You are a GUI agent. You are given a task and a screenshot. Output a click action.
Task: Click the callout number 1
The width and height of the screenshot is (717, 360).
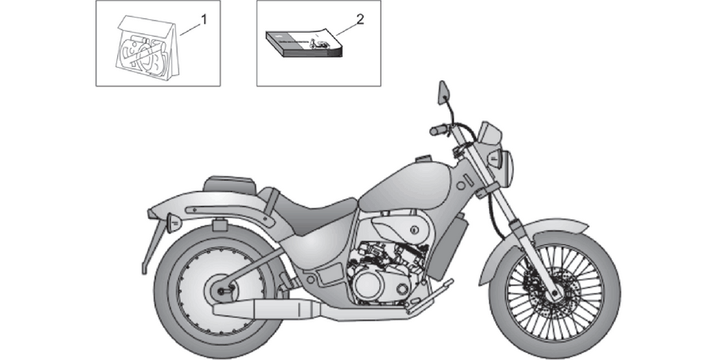tap(204, 20)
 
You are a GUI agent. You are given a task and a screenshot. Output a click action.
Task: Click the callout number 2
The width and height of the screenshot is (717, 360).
tap(360, 20)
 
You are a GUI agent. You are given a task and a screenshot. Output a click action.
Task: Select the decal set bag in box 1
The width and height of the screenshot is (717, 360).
tap(147, 48)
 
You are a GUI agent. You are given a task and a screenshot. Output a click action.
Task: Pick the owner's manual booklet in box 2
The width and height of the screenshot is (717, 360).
tap(304, 44)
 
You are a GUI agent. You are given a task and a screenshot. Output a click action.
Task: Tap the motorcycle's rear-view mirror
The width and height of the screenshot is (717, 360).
tap(443, 92)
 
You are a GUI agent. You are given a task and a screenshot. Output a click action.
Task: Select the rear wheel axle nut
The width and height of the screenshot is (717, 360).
tap(221, 291)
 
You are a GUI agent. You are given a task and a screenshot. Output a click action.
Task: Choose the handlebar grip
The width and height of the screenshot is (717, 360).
tap(438, 131)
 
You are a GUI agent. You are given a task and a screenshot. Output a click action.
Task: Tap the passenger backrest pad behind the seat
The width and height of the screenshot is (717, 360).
tap(227, 184)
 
